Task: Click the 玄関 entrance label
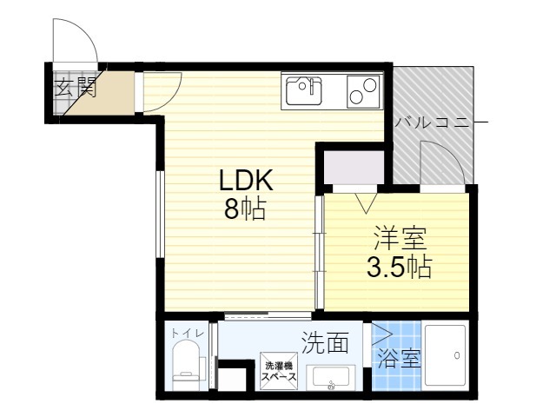pyautogui.click(x=76, y=87)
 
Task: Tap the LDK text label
pyautogui.click(x=246, y=181)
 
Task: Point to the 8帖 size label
pyautogui.click(x=245, y=208)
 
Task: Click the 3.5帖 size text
pyautogui.click(x=400, y=267)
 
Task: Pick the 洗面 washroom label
pyautogui.click(x=325, y=342)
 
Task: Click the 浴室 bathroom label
pyautogui.click(x=399, y=359)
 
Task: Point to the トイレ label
pyautogui.click(x=188, y=334)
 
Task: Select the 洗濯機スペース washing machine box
pyautogui.click(x=279, y=371)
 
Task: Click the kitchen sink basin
pyautogui.click(x=304, y=90)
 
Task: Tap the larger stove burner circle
pyautogui.click(x=368, y=85)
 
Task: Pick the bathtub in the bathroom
pyautogui.click(x=446, y=355)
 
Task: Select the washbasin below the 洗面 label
pyautogui.click(x=330, y=378)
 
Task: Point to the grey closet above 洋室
pyautogui.click(x=354, y=167)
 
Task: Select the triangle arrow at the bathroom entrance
pyautogui.click(x=381, y=334)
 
